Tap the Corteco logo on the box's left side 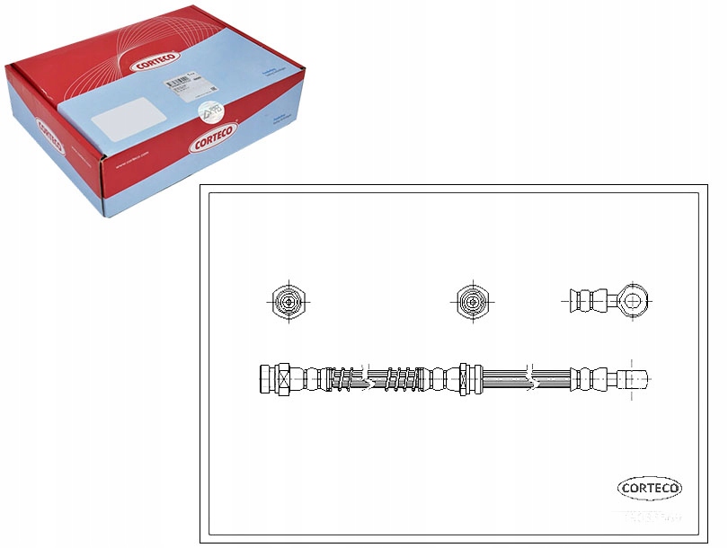(50, 141)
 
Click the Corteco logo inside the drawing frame (650, 488)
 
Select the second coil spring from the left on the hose (401, 378)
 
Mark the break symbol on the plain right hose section (534, 378)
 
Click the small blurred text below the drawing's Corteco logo (650, 515)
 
